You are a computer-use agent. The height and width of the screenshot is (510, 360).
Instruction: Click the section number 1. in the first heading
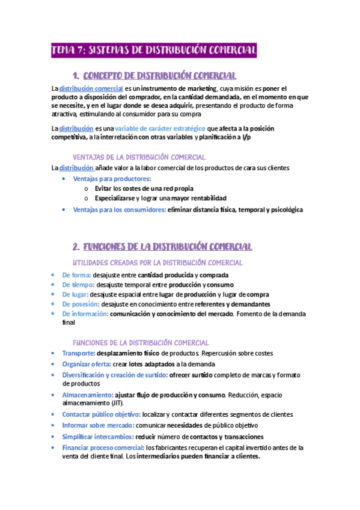coord(76,75)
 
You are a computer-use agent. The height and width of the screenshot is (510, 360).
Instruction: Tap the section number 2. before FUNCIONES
coord(76,247)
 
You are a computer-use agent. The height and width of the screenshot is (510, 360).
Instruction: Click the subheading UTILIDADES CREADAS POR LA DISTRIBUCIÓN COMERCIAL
coord(157,263)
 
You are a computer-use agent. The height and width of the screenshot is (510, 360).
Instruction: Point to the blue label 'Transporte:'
coord(79,353)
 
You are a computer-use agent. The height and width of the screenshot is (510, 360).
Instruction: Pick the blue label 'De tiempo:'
coord(78,284)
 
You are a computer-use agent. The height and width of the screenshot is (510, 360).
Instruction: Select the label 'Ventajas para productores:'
coord(112,179)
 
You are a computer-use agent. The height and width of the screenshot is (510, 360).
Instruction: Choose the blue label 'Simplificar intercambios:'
coord(98,437)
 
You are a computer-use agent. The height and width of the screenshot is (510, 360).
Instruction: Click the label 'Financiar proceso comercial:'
coord(103,447)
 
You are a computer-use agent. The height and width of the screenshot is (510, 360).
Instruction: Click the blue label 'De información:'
coord(85,314)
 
